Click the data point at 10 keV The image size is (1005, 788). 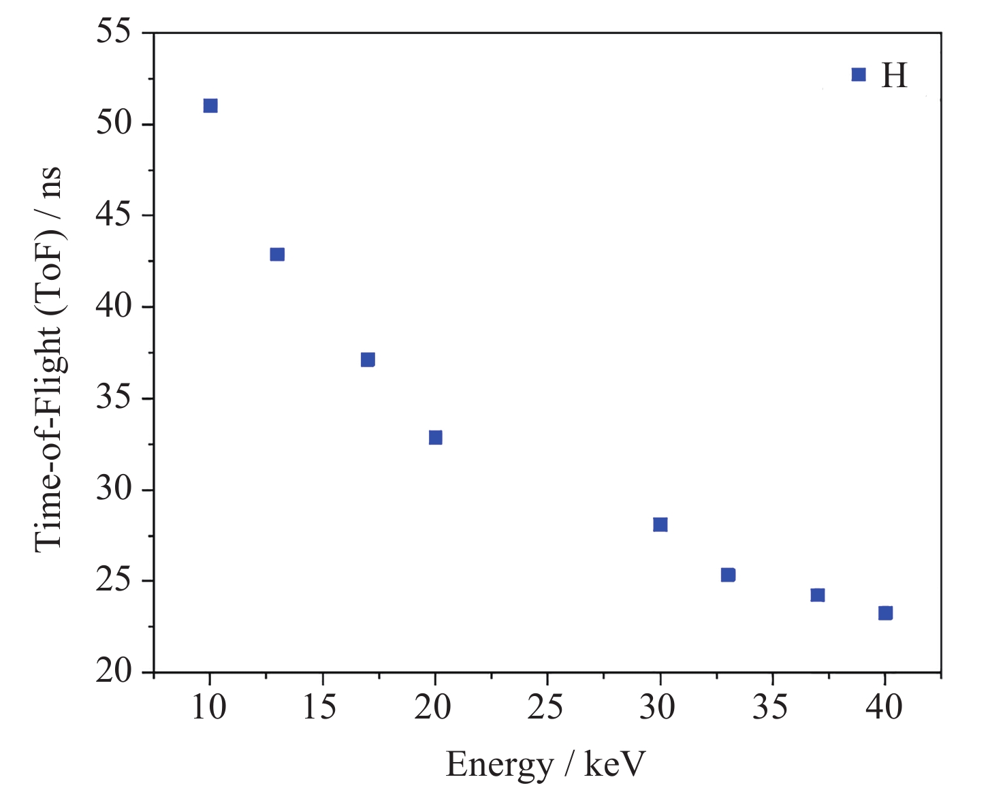tap(210, 106)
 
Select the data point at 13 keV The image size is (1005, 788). tap(277, 255)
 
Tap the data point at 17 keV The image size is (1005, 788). tap(368, 360)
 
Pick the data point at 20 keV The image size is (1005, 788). tap(436, 437)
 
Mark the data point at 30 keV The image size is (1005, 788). tap(660, 524)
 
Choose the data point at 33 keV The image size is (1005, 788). tap(728, 575)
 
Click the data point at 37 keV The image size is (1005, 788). tap(818, 595)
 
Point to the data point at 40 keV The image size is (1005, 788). tap(885, 613)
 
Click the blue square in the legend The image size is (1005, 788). tap(859, 75)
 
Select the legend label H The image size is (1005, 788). tap(894, 76)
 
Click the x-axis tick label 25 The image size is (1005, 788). tap(546, 708)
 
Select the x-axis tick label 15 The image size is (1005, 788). tap(320, 708)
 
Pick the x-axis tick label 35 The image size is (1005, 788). tap(771, 708)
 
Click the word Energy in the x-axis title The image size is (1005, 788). tap(499, 766)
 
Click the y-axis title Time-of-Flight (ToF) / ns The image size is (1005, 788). tap(49, 358)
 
